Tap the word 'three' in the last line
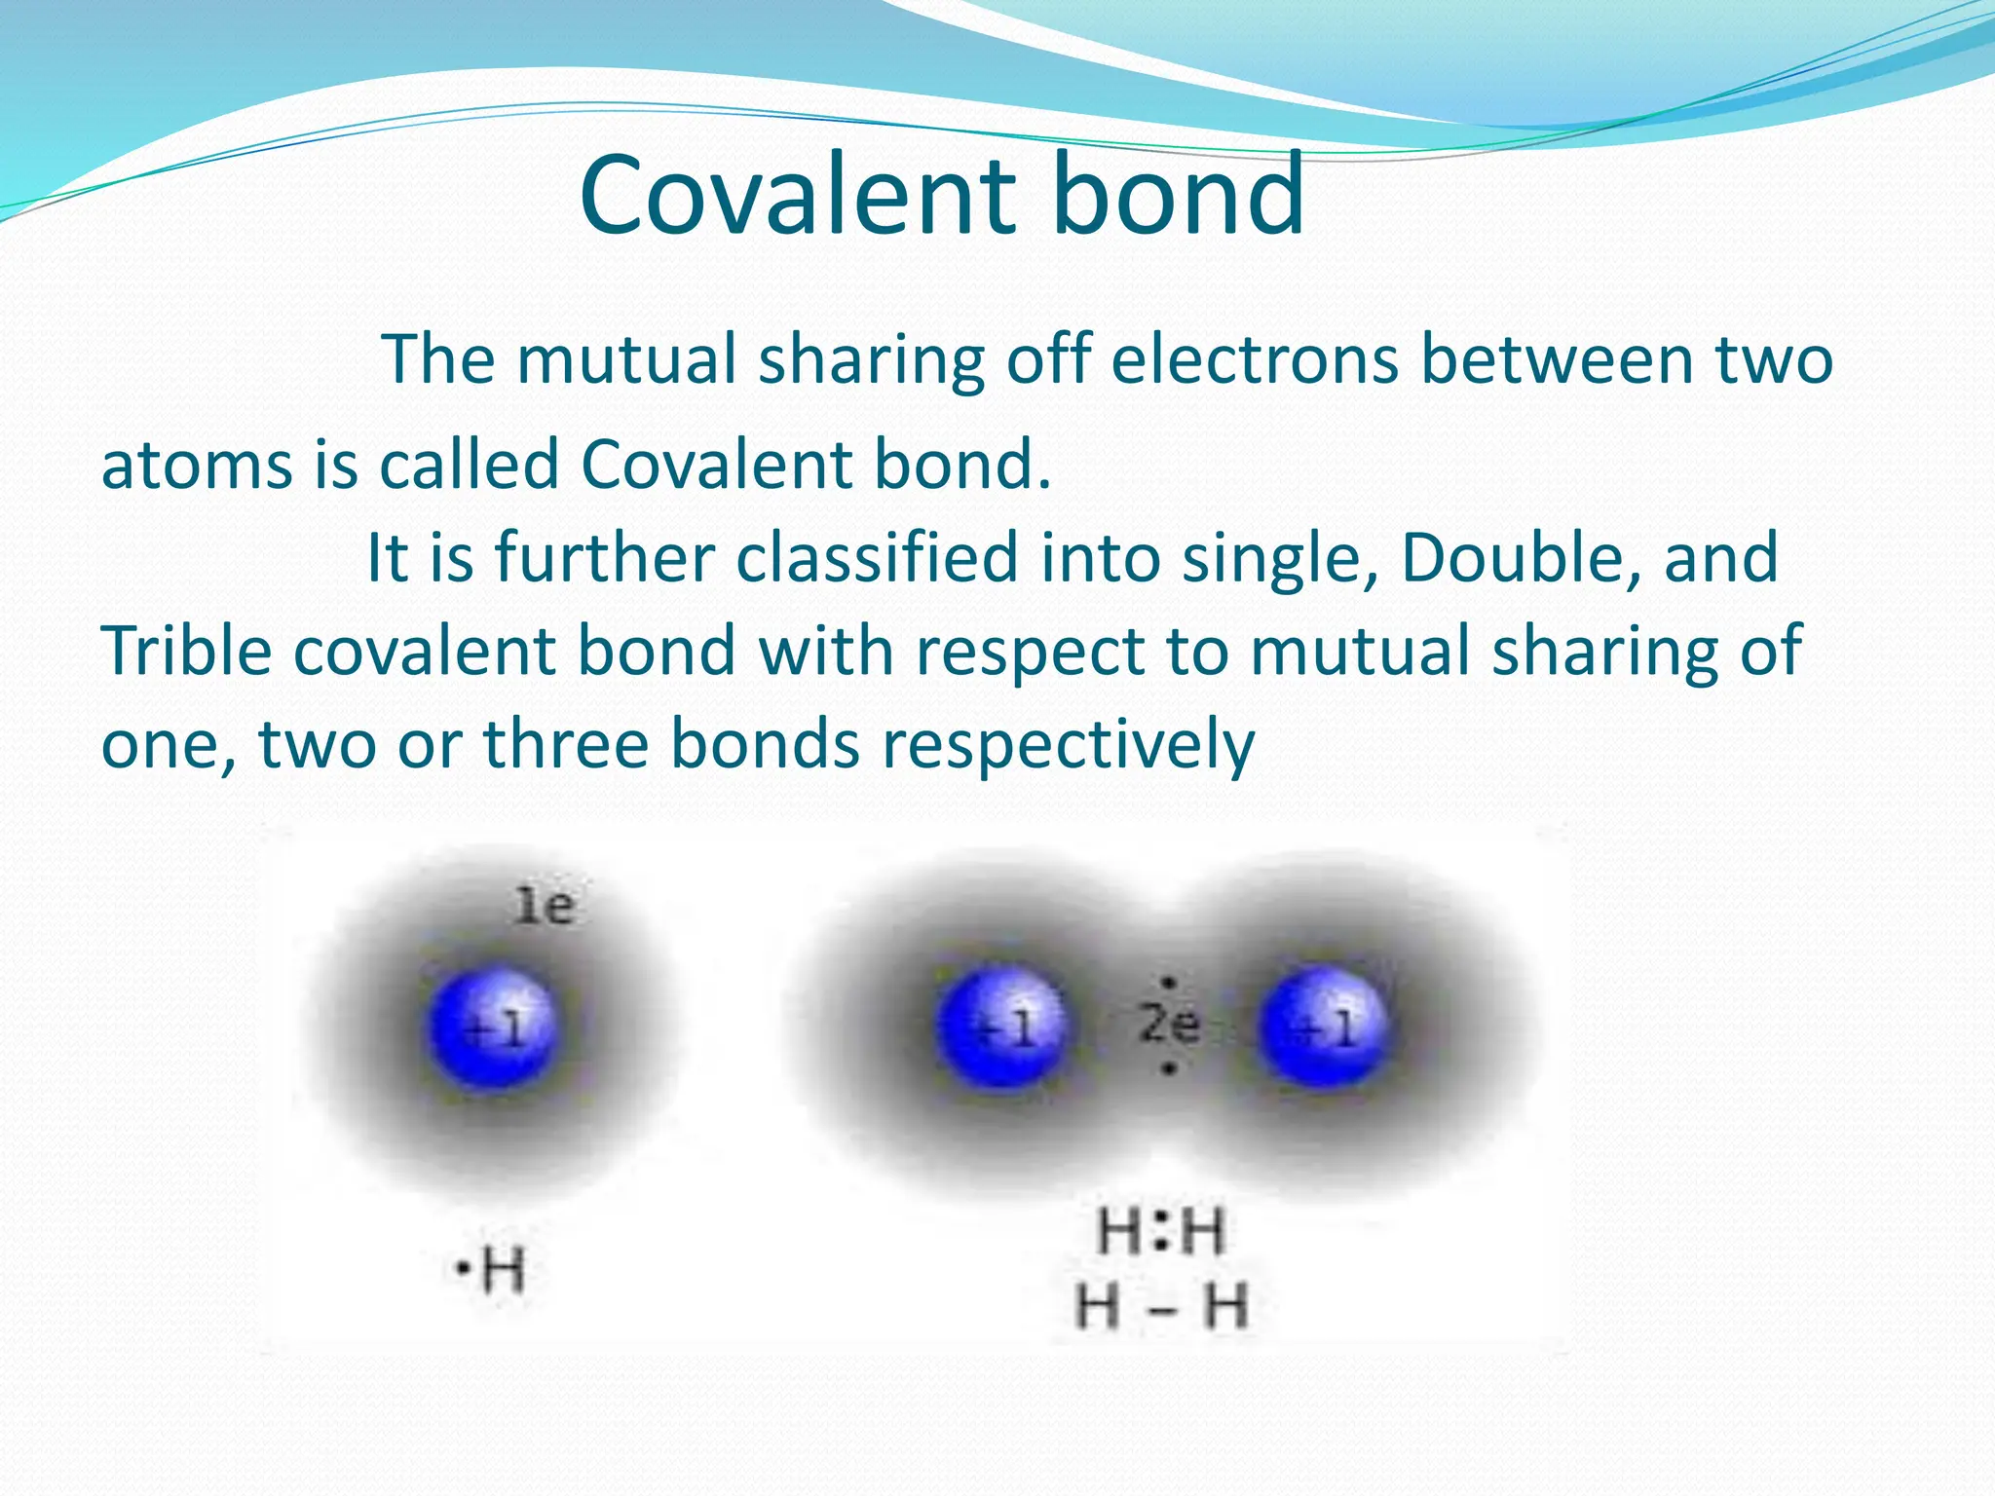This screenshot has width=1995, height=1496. [x=566, y=744]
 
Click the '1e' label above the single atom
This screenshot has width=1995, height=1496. [x=545, y=907]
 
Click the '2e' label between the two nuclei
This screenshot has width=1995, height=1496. [x=1169, y=1024]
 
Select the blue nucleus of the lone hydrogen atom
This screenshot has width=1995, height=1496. [x=495, y=1027]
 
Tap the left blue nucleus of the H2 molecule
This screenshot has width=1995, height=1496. [x=1000, y=1026]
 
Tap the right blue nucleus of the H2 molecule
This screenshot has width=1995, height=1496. [x=1322, y=1026]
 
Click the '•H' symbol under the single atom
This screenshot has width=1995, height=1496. [x=492, y=1270]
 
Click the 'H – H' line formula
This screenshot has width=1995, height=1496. [x=1161, y=1307]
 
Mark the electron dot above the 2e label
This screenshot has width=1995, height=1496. [x=1169, y=983]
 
